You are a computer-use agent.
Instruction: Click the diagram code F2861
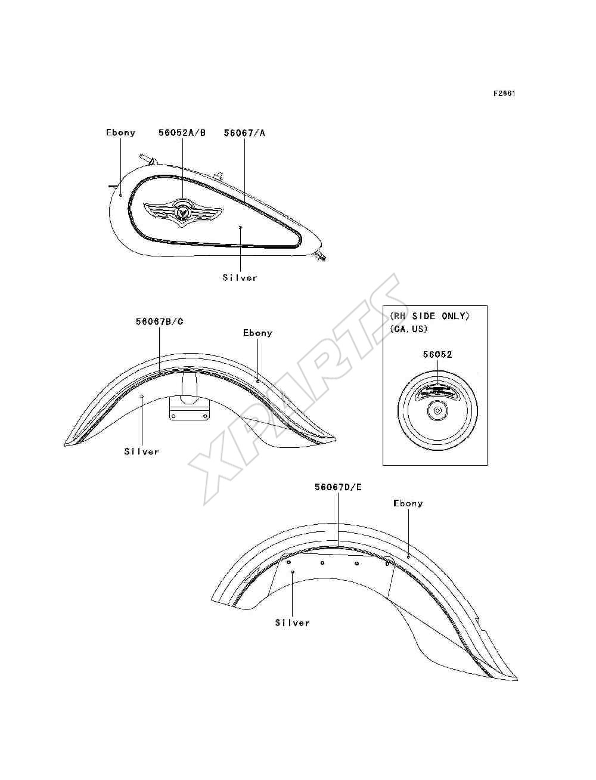coord(504,94)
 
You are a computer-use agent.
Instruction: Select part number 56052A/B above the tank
coord(182,132)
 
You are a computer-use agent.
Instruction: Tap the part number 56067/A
coord(244,132)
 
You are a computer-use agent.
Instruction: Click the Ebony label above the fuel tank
coord(121,132)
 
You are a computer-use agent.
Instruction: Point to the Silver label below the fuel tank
coord(240,277)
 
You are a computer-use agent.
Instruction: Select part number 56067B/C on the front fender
coord(160,321)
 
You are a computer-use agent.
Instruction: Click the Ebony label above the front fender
coord(257,333)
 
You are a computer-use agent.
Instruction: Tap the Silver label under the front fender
coord(141,451)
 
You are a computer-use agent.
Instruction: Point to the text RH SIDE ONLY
coord(430,315)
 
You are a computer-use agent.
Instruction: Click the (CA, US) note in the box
coord(408,329)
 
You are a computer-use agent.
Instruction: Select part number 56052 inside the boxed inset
coord(437,354)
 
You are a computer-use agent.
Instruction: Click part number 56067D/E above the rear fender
coord(338,487)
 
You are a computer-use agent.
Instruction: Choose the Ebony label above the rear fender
coord(408,503)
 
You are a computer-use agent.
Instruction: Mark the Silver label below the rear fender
coord(292,623)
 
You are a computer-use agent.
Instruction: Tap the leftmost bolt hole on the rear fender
coord(289,562)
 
